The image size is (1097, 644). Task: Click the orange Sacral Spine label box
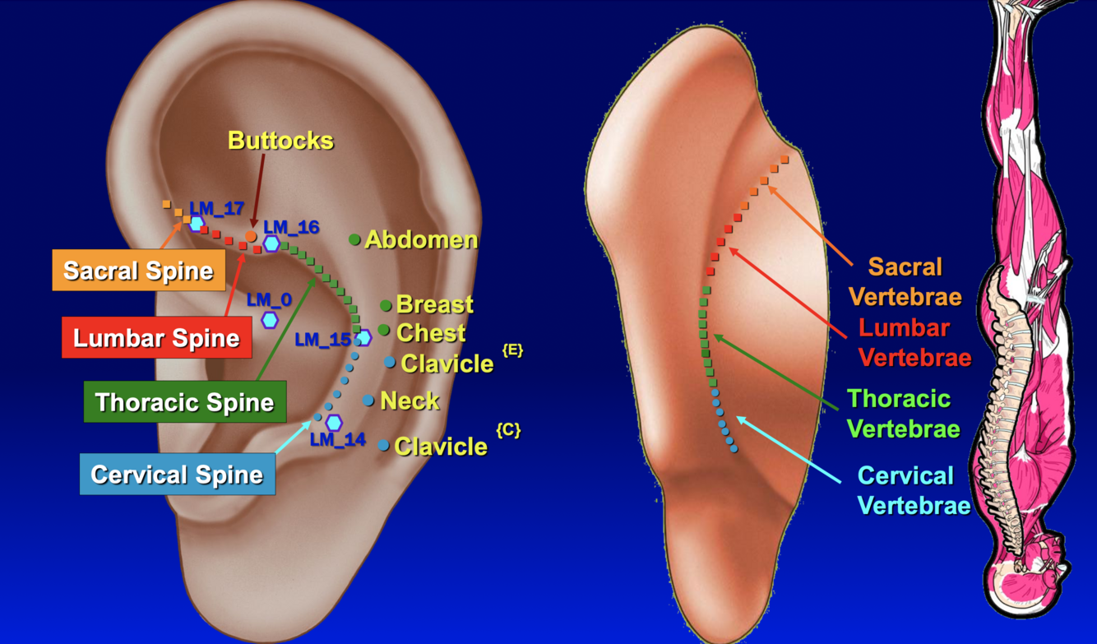pyautogui.click(x=138, y=271)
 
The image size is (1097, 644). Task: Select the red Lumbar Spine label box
pyautogui.click(x=156, y=338)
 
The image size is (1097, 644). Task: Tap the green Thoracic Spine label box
pyautogui.click(x=184, y=402)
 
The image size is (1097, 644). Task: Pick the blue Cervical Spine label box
pyautogui.click(x=177, y=475)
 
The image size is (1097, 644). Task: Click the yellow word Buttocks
pyautogui.click(x=280, y=141)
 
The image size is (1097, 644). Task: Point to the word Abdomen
pyautogui.click(x=421, y=240)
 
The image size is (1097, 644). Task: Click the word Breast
pyautogui.click(x=435, y=304)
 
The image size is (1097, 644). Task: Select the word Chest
pyautogui.click(x=431, y=333)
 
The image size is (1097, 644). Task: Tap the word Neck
pyautogui.click(x=410, y=401)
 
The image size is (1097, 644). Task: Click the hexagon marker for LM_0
pyautogui.click(x=270, y=320)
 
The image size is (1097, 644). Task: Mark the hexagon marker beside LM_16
pyautogui.click(x=271, y=243)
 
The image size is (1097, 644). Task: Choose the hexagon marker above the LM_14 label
pyautogui.click(x=334, y=423)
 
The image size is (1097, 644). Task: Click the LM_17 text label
pyautogui.click(x=217, y=208)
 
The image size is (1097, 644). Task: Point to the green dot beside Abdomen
pyautogui.click(x=354, y=239)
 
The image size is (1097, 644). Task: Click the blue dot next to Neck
pyautogui.click(x=368, y=401)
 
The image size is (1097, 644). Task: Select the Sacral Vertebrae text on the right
pyautogui.click(x=905, y=281)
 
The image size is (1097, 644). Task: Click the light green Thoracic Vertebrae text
pyautogui.click(x=903, y=414)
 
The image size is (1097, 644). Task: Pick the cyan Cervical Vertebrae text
pyautogui.click(x=914, y=490)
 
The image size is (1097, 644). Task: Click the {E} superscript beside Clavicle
pyautogui.click(x=511, y=350)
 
